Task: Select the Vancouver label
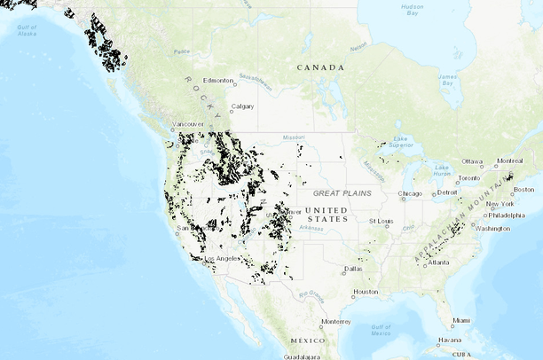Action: pos(187,124)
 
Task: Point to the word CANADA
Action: pos(320,67)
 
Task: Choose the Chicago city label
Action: pos(410,193)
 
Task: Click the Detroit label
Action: pos(448,192)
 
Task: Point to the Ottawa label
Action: pos(472,161)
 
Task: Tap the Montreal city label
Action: pos(509,160)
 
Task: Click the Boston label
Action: pos(523,189)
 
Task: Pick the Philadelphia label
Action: pos(506,215)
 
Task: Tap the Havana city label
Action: pos(450,340)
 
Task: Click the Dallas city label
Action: pos(353,268)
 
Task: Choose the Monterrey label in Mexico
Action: pos(336,321)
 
